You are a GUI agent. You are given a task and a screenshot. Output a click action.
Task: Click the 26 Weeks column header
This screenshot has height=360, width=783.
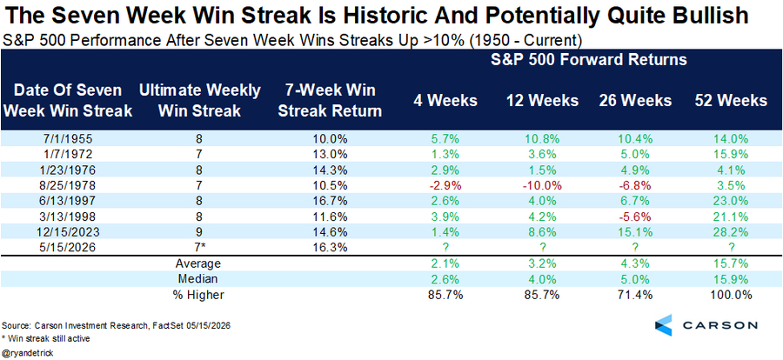635,100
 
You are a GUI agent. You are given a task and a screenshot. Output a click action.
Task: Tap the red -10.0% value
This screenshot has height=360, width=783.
541,186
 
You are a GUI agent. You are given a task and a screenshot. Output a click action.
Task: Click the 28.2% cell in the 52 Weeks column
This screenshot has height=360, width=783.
731,233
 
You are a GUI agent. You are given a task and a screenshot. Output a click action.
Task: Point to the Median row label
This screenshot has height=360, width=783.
200,278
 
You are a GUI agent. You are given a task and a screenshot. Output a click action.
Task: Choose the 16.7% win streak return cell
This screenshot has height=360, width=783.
330,202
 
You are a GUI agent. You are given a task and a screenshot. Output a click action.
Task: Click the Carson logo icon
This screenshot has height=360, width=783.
664,325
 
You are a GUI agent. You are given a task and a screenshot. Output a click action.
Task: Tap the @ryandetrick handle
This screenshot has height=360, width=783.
28,352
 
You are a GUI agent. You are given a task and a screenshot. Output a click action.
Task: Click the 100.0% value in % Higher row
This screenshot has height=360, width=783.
731,295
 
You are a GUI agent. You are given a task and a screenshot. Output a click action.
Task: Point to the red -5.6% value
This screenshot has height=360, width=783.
635,217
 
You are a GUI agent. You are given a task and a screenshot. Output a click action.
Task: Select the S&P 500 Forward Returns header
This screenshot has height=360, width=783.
588,60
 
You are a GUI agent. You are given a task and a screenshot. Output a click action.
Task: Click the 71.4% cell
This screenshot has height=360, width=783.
635,295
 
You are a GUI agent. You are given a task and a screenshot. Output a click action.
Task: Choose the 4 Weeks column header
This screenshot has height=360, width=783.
445,100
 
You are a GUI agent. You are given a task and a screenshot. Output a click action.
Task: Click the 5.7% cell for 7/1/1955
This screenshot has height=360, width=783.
445,138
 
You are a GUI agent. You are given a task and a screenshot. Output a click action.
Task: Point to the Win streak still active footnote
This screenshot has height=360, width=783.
46,339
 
